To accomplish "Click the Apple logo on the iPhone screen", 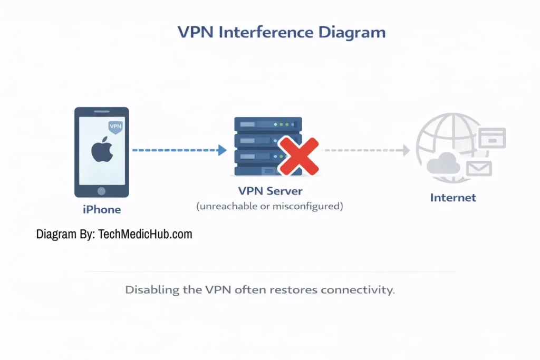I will pyautogui.click(x=101, y=151).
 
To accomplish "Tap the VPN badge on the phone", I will pyautogui.click(x=114, y=128).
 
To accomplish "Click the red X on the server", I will pyautogui.click(x=298, y=156).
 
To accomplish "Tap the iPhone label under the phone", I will pyautogui.click(x=102, y=210).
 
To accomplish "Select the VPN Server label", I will pyautogui.click(x=270, y=190).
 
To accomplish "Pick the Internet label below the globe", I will pyautogui.click(x=453, y=198).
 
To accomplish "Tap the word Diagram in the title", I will pyautogui.click(x=352, y=33).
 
